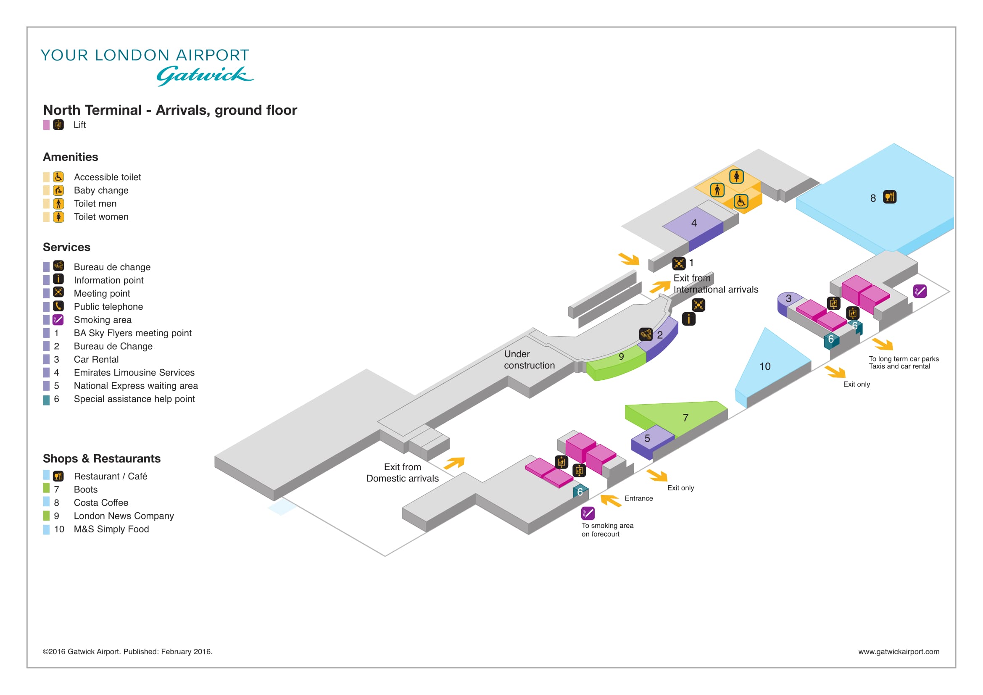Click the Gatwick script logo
click(205, 76)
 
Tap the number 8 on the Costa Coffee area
click(873, 198)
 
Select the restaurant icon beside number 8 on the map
click(890, 197)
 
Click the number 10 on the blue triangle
click(764, 366)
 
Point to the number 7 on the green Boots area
click(685, 418)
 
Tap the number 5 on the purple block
click(647, 438)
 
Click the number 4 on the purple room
click(694, 223)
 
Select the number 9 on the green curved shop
click(621, 356)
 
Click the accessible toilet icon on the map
click(741, 201)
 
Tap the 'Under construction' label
click(529, 360)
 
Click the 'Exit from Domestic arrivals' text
click(403, 472)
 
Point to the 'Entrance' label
click(639, 498)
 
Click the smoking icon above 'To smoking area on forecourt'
click(588, 513)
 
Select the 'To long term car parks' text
click(904, 358)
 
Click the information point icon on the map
click(688, 319)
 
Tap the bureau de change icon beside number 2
click(646, 334)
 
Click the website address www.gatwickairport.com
click(899, 651)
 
